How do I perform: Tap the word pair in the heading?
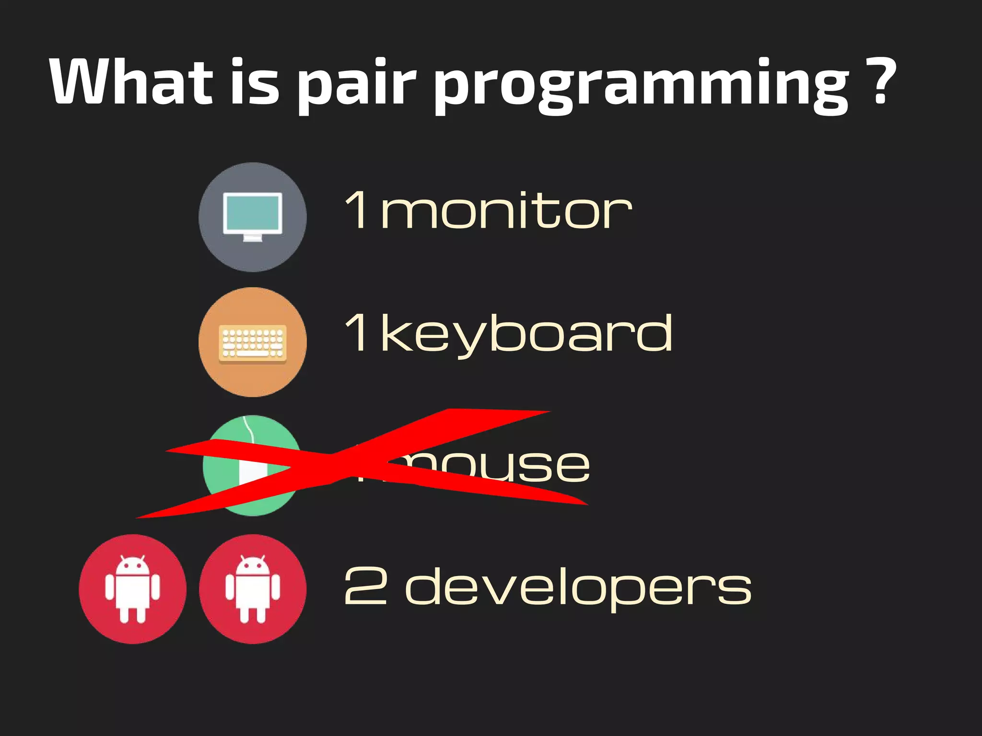(356, 84)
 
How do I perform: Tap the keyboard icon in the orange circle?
(253, 342)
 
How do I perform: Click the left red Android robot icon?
(132, 589)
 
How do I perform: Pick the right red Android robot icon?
(253, 589)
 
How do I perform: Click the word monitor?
(506, 211)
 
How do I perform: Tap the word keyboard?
(526, 334)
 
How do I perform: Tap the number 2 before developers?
(365, 586)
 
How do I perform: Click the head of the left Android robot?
(132, 566)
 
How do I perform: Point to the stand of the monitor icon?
(253, 238)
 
